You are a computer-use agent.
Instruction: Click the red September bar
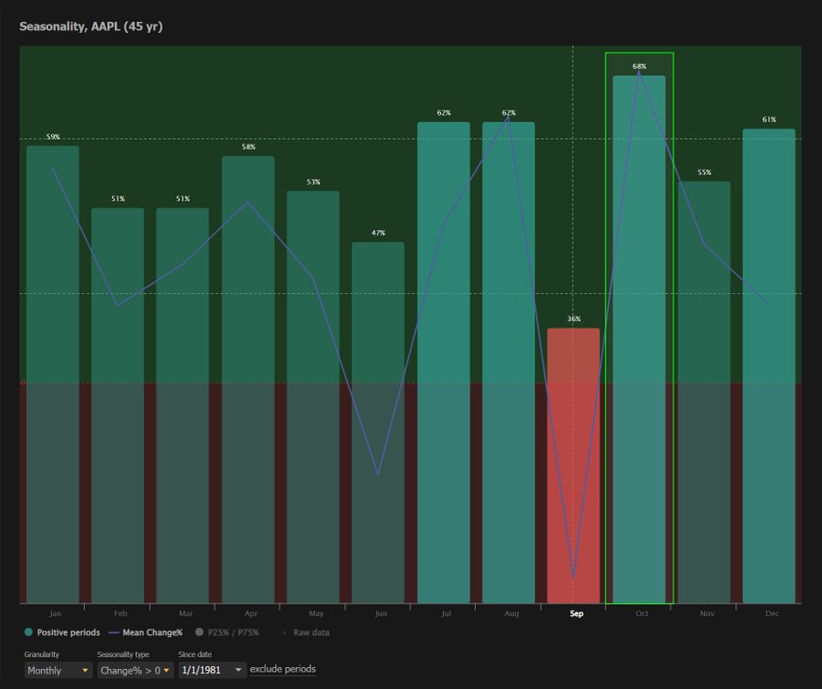pos(574,465)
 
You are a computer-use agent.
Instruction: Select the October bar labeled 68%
pos(639,338)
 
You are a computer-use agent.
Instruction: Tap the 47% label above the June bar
pos(378,233)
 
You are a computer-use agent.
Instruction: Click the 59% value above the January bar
pos(53,137)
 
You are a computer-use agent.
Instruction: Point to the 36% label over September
pos(574,318)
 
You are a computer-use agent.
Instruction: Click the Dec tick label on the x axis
pos(772,614)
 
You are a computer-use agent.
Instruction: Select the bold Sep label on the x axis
pos(576,614)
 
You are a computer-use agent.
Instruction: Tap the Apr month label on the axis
pos(251,614)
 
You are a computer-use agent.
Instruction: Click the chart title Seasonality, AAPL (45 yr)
pos(91,26)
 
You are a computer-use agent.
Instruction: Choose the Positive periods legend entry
pos(62,632)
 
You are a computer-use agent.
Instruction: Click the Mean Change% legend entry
pos(146,632)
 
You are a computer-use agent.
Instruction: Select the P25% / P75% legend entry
pos(227,632)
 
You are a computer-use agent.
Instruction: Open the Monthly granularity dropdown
pos(58,670)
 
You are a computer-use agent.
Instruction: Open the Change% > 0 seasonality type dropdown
pos(135,670)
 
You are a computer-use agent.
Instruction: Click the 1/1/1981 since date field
pos(212,670)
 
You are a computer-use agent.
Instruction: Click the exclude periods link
pos(283,670)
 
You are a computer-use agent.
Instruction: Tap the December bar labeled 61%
pos(769,365)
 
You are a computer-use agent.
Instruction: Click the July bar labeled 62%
pos(444,365)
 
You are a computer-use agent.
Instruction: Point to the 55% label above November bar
pos(704,172)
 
